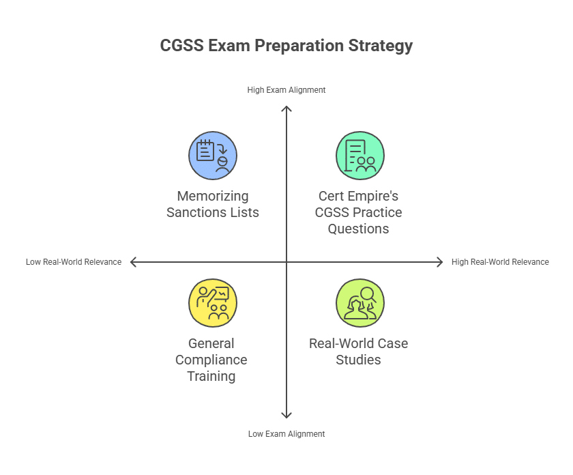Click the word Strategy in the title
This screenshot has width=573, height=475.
[381, 46]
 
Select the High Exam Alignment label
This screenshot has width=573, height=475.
[286, 89]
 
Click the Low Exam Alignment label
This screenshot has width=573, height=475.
[286, 433]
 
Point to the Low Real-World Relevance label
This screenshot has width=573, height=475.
[74, 261]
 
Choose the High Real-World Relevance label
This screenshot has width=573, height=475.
[500, 261]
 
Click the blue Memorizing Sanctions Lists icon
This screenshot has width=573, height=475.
[213, 156]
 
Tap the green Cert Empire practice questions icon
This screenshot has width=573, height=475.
[359, 156]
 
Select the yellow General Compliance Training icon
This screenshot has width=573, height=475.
[213, 303]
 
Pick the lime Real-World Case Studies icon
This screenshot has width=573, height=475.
[359, 303]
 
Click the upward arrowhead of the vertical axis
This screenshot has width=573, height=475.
[286, 109]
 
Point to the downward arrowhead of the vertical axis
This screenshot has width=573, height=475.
[286, 415]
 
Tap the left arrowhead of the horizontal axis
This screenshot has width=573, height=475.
[133, 261]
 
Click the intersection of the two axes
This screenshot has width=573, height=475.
[286, 261]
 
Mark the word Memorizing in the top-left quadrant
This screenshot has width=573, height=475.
[213, 196]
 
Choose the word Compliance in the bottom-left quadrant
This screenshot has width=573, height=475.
[211, 360]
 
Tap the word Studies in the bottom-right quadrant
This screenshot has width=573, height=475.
[358, 360]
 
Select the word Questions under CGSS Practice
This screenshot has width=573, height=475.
[358, 229]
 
